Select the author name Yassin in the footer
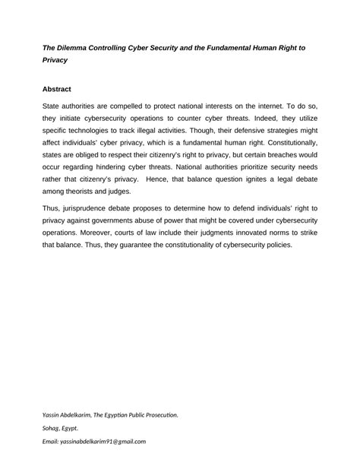(x=53, y=414)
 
